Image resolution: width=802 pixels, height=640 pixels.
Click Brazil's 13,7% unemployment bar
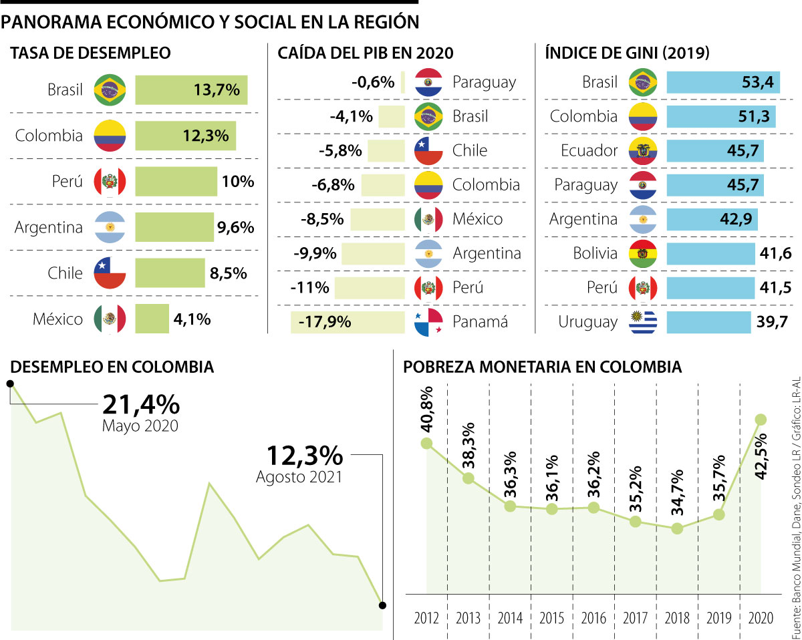pyautogui.click(x=191, y=90)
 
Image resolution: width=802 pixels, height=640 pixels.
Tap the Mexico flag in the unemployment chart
pyautogui.click(x=110, y=319)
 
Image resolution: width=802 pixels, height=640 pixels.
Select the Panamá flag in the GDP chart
pyautogui.click(x=428, y=322)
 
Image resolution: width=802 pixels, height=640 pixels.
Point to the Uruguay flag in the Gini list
pyautogui.click(x=643, y=322)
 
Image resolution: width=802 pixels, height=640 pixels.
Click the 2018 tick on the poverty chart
pyautogui.click(x=677, y=617)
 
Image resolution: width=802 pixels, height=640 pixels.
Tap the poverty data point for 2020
pyautogui.click(x=761, y=420)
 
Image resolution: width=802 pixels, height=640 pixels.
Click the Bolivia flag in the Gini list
pyautogui.click(x=643, y=253)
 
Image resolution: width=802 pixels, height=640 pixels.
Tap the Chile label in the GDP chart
pyautogui.click(x=470, y=150)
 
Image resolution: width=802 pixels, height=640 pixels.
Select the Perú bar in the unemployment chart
pyautogui.click(x=176, y=182)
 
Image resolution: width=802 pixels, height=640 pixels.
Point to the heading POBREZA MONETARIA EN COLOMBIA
pyautogui.click(x=543, y=367)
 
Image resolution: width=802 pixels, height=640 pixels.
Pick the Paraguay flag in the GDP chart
pyautogui.click(x=428, y=82)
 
